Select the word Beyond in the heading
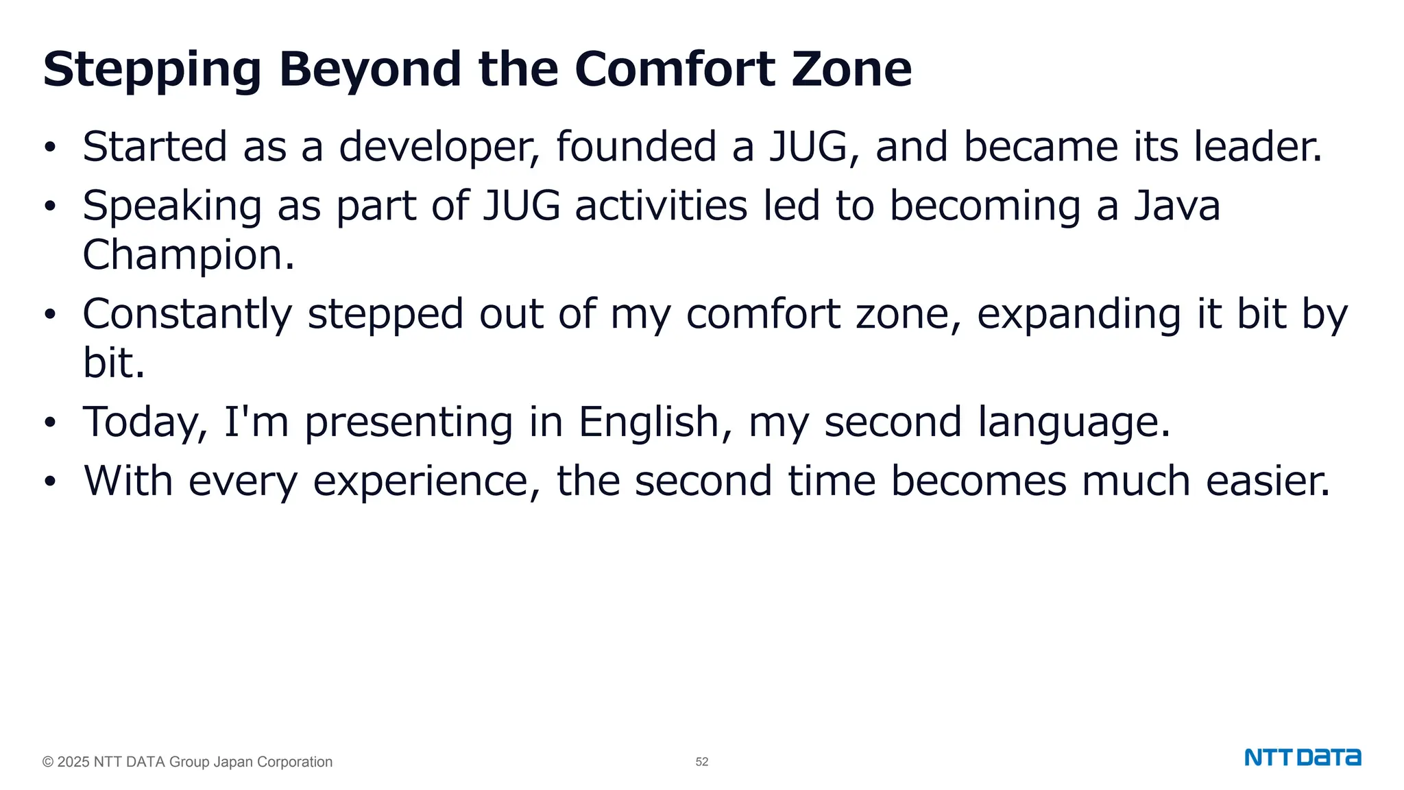(370, 70)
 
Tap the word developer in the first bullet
(439, 147)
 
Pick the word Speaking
(172, 206)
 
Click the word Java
(1176, 206)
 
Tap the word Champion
(189, 256)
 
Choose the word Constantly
(187, 314)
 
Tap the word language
(1074, 422)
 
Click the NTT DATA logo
(1303, 758)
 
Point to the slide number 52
(702, 762)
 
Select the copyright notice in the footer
(187, 762)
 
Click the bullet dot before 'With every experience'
(49, 482)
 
